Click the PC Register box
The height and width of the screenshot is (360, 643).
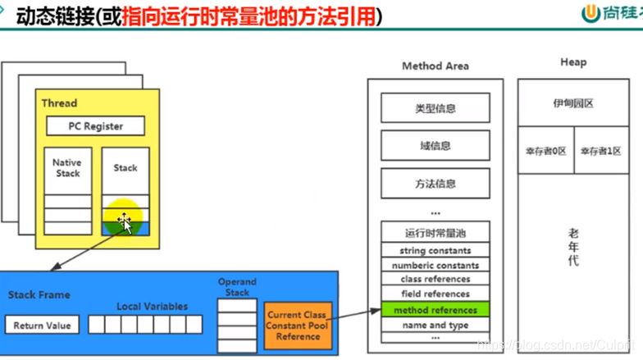pyautogui.click(x=95, y=126)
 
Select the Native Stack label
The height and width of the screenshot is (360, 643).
pyautogui.click(x=68, y=168)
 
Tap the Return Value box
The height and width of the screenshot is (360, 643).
pyautogui.click(x=41, y=326)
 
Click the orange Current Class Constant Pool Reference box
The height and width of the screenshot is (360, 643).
pyautogui.click(x=297, y=326)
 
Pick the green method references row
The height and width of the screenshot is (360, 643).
pyautogui.click(x=435, y=310)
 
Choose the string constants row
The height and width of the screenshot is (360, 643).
pyautogui.click(x=435, y=251)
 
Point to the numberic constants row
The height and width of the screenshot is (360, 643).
pyautogui.click(x=435, y=266)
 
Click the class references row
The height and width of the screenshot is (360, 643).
pyautogui.click(x=435, y=280)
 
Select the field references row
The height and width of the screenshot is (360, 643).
pyautogui.click(x=435, y=294)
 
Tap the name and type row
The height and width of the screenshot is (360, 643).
pyautogui.click(x=435, y=325)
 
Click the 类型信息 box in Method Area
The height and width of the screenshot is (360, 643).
pyautogui.click(x=435, y=108)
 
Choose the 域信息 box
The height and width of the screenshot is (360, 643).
pyautogui.click(x=435, y=146)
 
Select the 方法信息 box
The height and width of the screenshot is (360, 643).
pyautogui.click(x=435, y=184)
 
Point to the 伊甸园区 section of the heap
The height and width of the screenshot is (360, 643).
pyautogui.click(x=573, y=103)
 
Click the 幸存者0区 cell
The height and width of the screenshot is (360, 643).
pyautogui.click(x=545, y=151)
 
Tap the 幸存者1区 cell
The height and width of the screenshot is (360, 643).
pyautogui.click(x=601, y=151)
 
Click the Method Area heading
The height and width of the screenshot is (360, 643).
pyautogui.click(x=435, y=66)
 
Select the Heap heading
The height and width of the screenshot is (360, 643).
pyautogui.click(x=573, y=62)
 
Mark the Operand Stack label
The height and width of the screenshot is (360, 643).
pyautogui.click(x=237, y=287)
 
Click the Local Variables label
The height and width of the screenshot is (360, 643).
pyautogui.click(x=152, y=306)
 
